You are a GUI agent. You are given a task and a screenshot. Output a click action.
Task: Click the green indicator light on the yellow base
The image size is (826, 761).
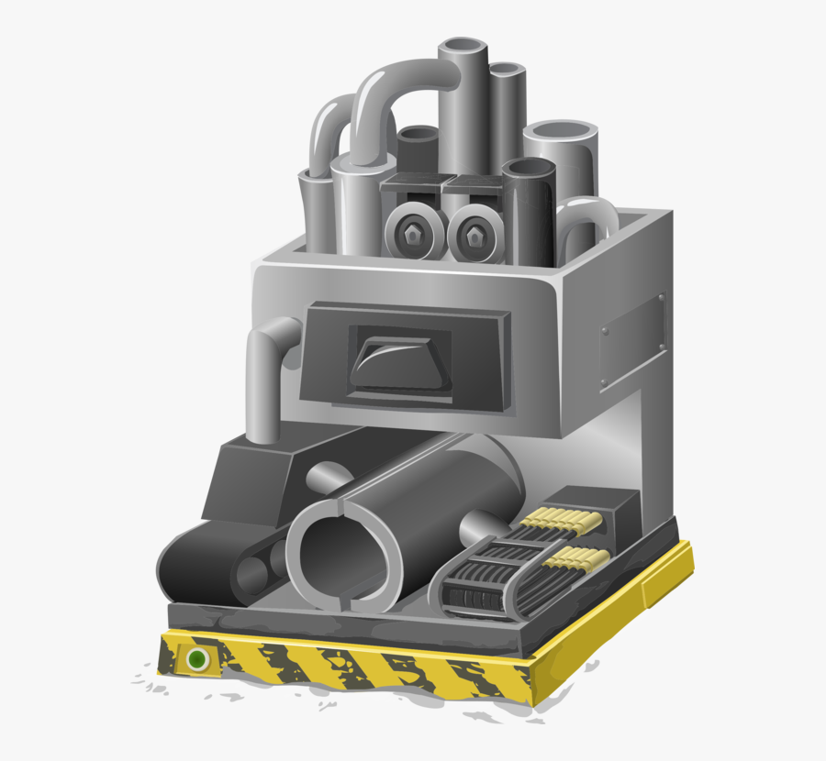pyautogui.click(x=195, y=658)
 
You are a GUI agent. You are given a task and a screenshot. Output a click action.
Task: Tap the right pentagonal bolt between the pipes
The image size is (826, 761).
pyautogui.click(x=475, y=237)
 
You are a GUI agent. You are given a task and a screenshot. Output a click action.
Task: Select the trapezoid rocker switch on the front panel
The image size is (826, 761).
pyautogui.click(x=398, y=359)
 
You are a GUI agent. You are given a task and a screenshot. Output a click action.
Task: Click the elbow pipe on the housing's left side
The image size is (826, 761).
pyautogui.click(x=266, y=367)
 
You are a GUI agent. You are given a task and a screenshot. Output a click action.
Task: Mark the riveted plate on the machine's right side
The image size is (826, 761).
pyautogui.click(x=632, y=333)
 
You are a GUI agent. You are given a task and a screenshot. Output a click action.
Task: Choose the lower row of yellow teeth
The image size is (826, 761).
pyautogui.click(x=576, y=557)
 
